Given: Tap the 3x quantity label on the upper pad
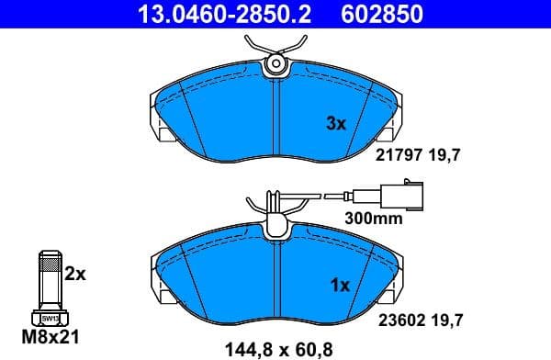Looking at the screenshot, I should click(336, 124).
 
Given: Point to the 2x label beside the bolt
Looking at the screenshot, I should click(76, 274).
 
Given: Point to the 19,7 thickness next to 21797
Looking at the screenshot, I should click(444, 155).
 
